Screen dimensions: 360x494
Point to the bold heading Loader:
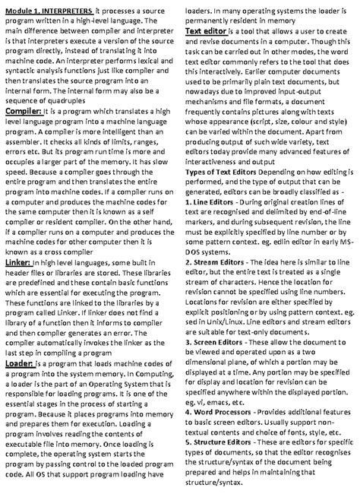(x=20, y=363)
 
